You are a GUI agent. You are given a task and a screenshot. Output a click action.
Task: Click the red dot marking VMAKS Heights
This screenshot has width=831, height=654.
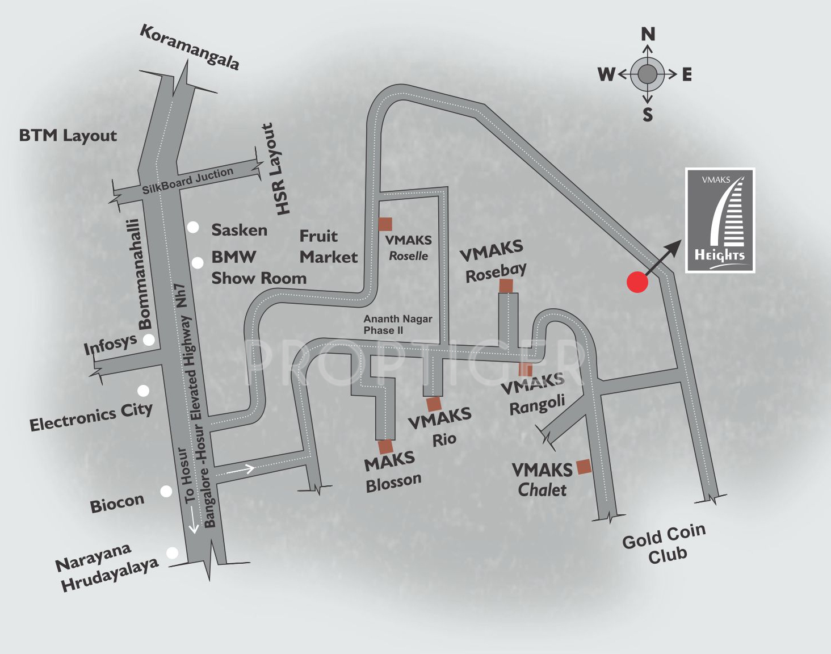637,282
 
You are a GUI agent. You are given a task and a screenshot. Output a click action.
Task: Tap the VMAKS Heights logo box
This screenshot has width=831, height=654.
720,220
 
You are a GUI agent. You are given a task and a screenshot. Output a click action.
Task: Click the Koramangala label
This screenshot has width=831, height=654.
190,47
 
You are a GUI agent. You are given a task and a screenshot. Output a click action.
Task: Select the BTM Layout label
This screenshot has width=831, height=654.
68,136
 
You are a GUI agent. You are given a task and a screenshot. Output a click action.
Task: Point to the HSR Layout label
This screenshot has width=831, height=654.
275,169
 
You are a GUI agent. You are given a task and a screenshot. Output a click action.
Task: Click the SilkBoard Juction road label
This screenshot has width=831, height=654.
187,180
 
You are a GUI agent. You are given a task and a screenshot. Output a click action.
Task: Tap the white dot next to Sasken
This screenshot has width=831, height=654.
194,228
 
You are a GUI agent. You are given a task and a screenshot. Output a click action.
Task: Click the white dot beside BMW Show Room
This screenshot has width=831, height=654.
198,263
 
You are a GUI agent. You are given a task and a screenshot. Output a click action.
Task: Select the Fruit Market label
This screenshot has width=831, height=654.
328,246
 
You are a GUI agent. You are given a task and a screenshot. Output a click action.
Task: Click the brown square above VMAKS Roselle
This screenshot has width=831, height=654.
385,224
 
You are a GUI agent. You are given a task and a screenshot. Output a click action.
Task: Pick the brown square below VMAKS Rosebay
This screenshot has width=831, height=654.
506,286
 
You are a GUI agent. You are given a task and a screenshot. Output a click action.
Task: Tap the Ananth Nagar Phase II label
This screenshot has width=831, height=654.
398,325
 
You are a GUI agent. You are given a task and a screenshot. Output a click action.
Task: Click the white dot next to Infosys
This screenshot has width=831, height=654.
149,339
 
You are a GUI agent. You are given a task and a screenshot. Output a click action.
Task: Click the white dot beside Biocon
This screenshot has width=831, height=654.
166,491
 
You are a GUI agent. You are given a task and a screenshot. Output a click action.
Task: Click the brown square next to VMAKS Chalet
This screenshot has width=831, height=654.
584,467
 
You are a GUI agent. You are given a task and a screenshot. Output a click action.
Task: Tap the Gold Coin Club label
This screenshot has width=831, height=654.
665,544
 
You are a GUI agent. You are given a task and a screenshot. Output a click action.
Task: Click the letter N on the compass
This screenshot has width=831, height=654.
648,34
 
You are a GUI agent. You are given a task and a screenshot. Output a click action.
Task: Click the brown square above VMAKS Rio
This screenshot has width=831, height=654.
434,404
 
